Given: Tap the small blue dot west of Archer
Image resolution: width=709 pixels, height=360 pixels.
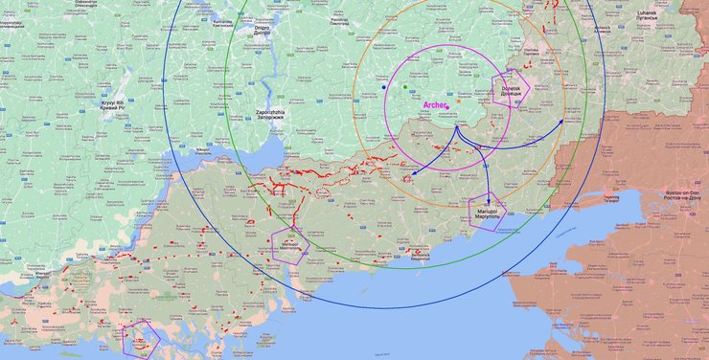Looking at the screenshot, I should point(384,86).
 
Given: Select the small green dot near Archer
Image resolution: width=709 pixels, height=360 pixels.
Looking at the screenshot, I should point(405,87).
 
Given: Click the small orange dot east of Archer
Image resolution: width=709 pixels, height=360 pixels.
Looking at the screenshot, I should point(458,100).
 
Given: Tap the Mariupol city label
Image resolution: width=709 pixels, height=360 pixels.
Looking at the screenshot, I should point(489,212).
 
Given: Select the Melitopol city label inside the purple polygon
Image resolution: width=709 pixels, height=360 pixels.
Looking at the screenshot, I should point(289,245).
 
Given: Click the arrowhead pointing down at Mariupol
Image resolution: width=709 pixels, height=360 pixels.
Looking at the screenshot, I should point(489,195).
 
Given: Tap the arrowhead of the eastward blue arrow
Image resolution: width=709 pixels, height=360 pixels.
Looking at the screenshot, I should point(564,120).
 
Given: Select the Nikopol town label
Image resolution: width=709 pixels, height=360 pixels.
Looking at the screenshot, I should point(203,149).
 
